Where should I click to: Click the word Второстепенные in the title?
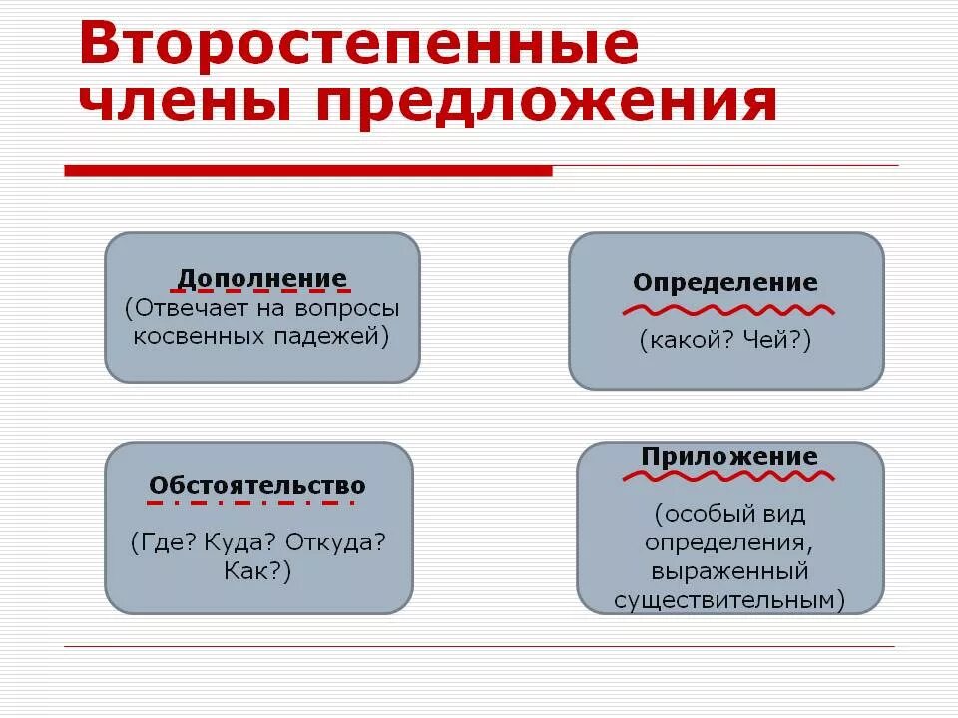pos(358,45)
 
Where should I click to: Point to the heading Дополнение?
pos(262,278)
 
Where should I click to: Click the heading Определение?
pos(725,282)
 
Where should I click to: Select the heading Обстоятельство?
pos(257,486)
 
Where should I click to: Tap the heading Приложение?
pos(729,457)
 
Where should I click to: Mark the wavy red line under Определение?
pos(727,309)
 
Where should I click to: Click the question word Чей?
pos(777,341)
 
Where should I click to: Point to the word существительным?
pos(729,600)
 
